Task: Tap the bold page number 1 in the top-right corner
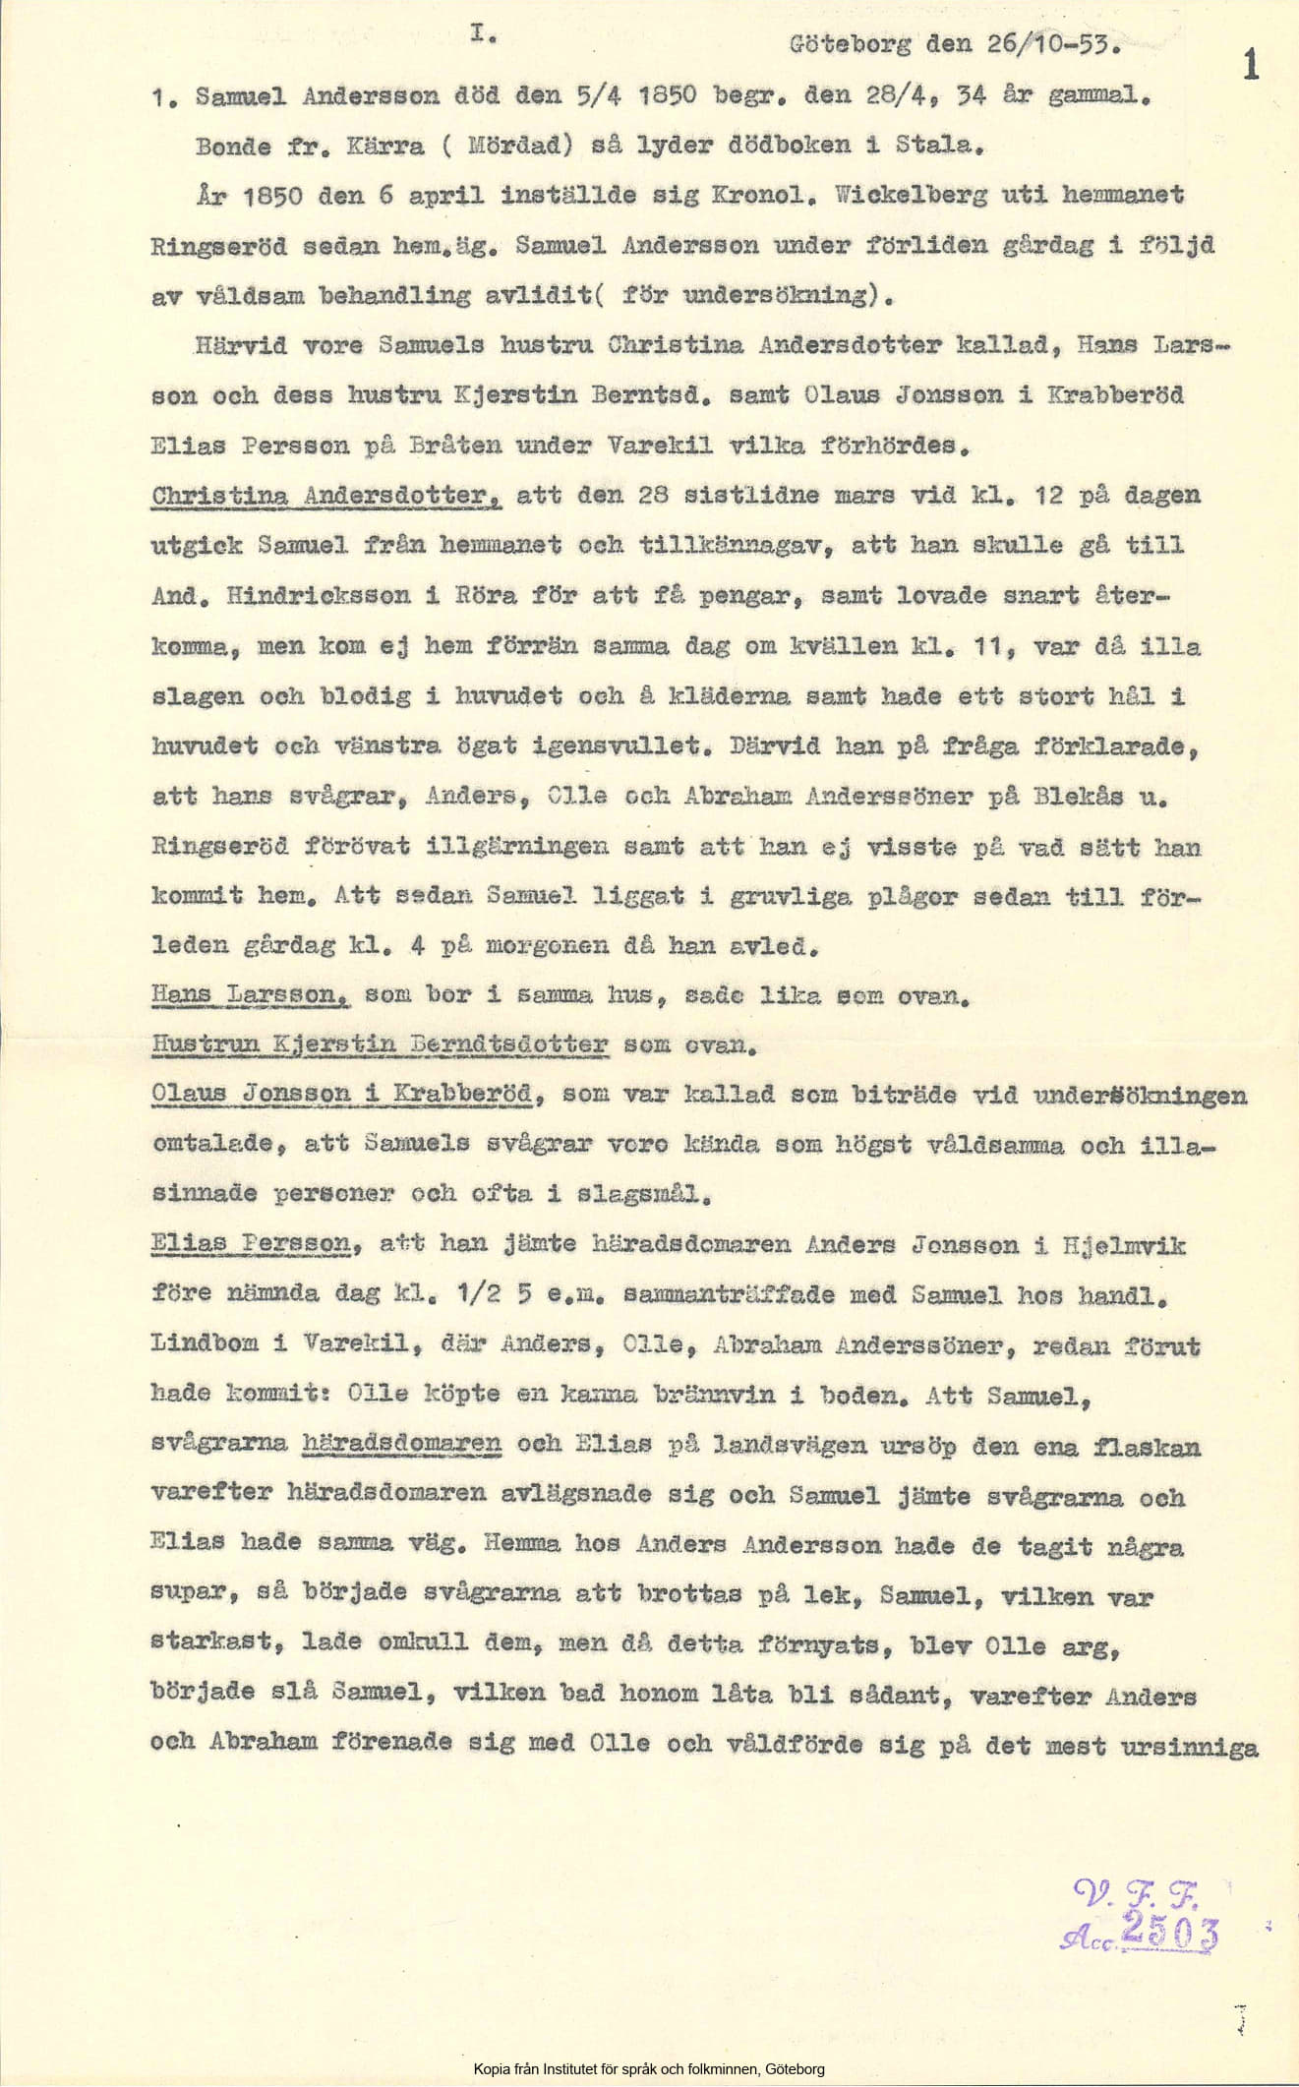[x=1251, y=65]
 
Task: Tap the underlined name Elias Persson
[x=252, y=1245]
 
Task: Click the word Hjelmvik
[x=1123, y=1245]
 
